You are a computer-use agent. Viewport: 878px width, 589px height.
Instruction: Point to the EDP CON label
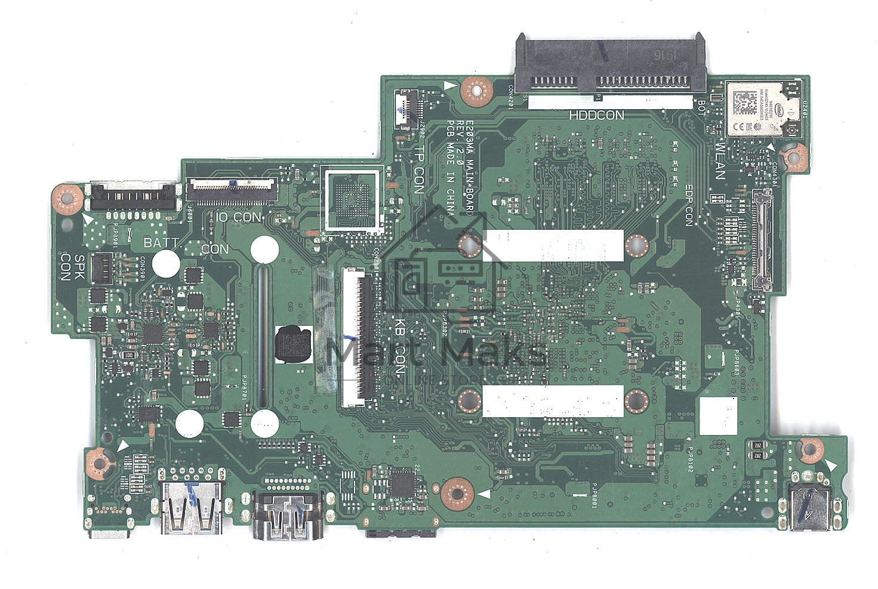point(688,205)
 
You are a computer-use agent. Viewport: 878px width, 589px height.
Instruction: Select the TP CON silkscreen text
point(419,169)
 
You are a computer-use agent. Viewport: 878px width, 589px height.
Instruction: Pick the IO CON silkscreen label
point(239,217)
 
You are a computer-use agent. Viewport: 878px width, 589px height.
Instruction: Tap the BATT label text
point(161,242)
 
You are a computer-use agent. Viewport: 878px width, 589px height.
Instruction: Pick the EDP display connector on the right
point(761,239)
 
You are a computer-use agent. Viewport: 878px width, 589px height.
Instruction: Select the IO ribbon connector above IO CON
point(232,190)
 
